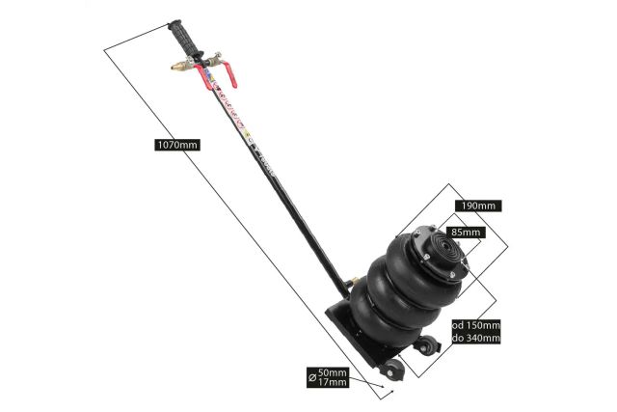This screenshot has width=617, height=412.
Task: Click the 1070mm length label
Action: tap(177, 145)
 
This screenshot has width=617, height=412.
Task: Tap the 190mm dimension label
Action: tap(477, 206)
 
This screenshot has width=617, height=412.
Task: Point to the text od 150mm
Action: tap(476, 325)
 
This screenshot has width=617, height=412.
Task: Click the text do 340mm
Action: tap(476, 338)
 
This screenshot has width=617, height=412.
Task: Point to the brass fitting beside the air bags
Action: tap(356, 284)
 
